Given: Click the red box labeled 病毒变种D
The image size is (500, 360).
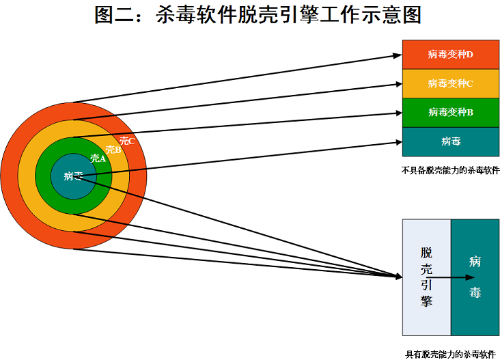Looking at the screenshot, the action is click(451, 55).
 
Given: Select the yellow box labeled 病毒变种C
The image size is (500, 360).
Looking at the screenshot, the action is click(451, 83).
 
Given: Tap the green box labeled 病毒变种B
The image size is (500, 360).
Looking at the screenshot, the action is click(451, 113).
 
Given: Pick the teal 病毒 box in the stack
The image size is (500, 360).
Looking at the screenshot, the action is click(451, 141).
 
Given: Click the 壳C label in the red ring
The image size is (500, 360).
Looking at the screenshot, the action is click(127, 141).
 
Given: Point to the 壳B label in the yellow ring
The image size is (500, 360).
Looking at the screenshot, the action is click(113, 149).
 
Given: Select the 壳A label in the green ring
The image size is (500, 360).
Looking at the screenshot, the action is click(98, 158).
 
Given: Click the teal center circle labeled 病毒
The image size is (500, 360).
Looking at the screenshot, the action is click(73, 176).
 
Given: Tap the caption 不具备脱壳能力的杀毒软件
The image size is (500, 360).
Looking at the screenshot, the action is click(450, 170).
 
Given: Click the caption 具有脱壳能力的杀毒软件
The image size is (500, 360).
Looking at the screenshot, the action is click(451, 355).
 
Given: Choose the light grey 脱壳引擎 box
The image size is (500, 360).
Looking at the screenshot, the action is click(427, 277).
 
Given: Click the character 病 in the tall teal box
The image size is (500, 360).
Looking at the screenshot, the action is click(475, 262).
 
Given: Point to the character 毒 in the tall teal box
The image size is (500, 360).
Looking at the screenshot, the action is click(475, 292).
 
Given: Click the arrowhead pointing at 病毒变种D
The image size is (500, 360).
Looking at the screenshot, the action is click(398, 55).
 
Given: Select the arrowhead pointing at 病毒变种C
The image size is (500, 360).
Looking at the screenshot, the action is click(398, 84).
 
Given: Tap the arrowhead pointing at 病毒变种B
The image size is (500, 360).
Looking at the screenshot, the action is click(398, 113).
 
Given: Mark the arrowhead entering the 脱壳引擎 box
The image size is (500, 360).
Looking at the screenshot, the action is click(398, 277).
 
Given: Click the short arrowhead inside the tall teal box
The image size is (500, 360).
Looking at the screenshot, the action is click(471, 277).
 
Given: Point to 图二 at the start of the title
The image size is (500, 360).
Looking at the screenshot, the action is click(114, 14).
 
